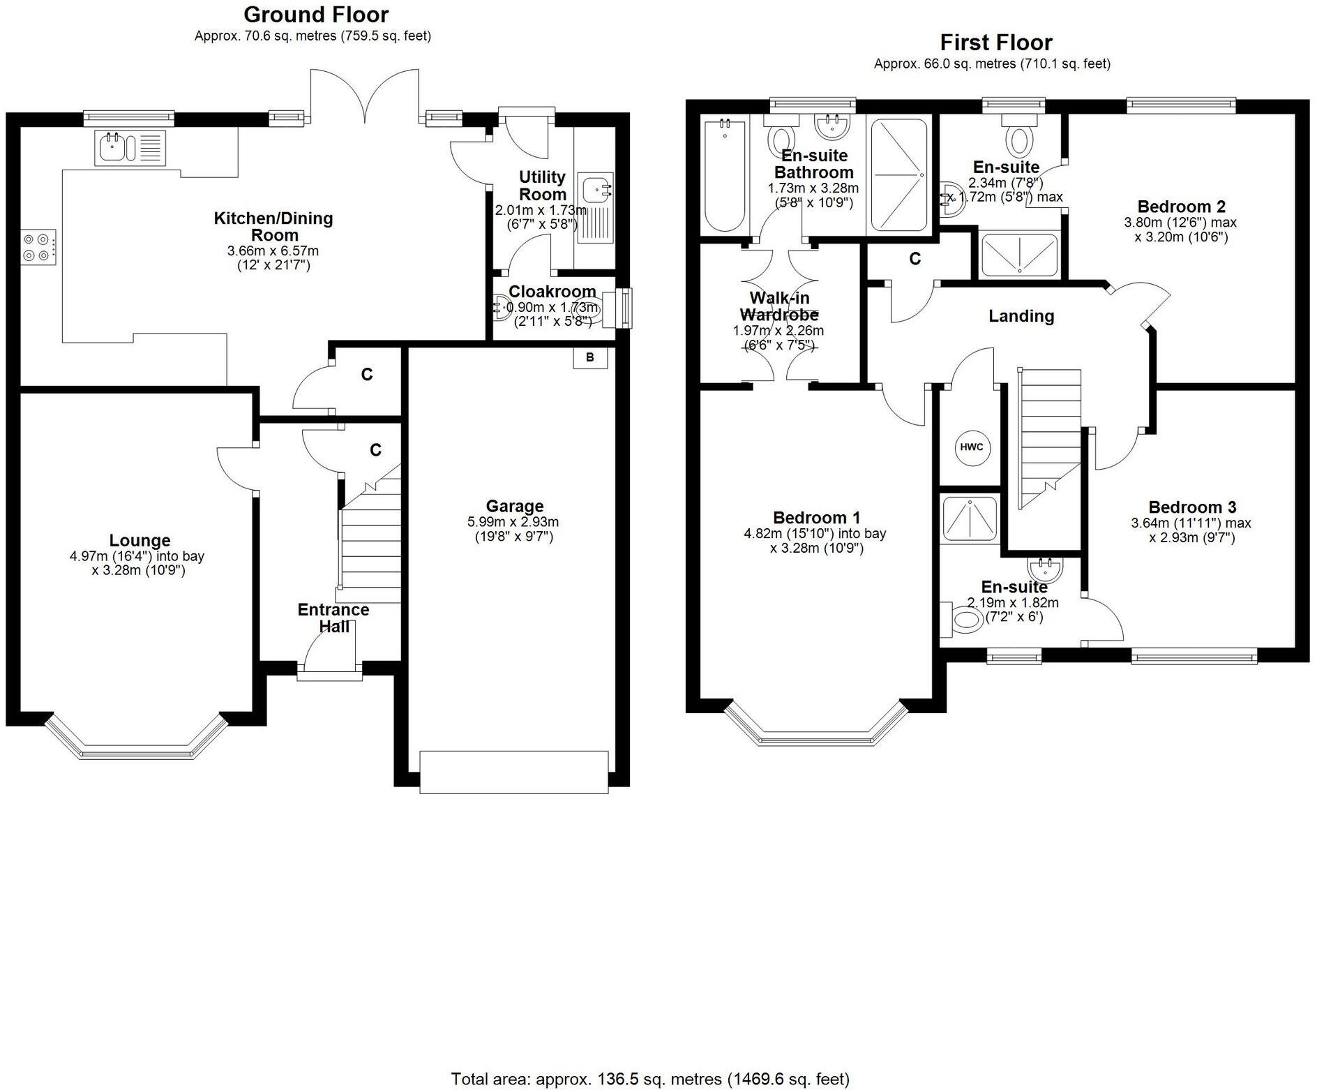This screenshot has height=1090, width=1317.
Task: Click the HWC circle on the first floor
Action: (x=972, y=447)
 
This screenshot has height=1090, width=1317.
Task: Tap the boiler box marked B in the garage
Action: (x=590, y=357)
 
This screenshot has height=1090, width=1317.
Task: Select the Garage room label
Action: (x=514, y=506)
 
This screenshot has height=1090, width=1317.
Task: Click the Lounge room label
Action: (x=140, y=540)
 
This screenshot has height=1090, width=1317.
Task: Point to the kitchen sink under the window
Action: (x=130, y=147)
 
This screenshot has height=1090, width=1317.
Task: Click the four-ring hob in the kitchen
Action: (x=39, y=247)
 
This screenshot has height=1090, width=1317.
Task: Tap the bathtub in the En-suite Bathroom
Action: (x=725, y=175)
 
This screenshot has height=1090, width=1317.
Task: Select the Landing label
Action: (x=1021, y=316)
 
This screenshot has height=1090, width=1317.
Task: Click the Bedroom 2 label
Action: (x=1181, y=207)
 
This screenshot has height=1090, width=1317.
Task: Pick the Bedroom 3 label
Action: (x=1192, y=507)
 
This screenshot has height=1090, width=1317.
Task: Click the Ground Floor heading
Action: (x=316, y=14)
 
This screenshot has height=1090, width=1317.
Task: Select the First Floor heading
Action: (x=996, y=43)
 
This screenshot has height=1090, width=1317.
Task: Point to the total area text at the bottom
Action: (x=650, y=1080)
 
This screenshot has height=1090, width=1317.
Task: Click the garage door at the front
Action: (x=514, y=772)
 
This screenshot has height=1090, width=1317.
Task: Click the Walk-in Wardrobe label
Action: (x=778, y=306)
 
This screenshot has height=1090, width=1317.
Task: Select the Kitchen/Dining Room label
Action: (x=273, y=227)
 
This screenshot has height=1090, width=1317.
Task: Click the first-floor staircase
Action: (x=1048, y=439)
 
